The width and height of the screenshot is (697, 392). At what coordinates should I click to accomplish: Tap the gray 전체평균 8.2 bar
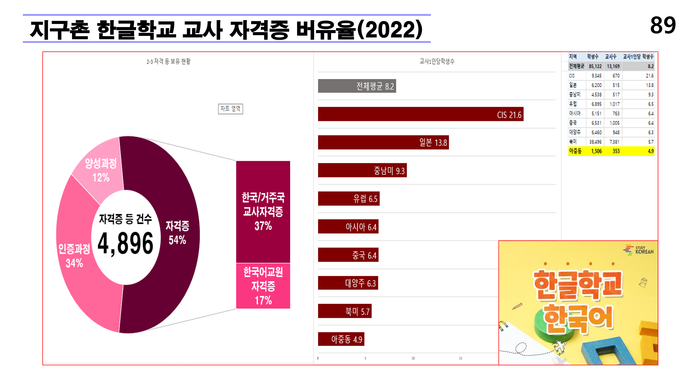pos(357,86)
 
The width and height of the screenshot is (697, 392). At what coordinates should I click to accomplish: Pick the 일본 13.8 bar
pos(383,142)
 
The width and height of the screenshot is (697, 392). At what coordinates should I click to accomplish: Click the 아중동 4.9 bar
pos(341,339)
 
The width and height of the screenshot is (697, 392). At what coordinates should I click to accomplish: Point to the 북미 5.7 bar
pos(344,311)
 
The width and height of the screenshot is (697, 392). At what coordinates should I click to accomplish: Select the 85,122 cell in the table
pos(595,66)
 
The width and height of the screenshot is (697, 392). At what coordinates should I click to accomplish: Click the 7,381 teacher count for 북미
pos(614,142)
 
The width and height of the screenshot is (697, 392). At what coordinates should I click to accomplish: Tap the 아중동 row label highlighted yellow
pos(575,151)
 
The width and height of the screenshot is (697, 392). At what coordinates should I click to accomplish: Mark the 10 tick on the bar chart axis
pos(413,358)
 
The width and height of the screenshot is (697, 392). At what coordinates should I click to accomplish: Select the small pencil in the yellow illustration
pos(517,306)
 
